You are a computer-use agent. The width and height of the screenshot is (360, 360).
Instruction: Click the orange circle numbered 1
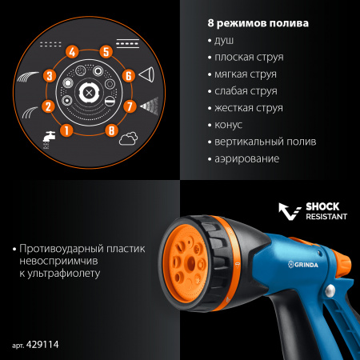tap(66, 128)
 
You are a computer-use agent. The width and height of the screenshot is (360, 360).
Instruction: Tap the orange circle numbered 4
tap(72, 54)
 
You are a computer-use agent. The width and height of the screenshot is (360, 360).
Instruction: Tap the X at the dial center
tap(88, 90)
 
